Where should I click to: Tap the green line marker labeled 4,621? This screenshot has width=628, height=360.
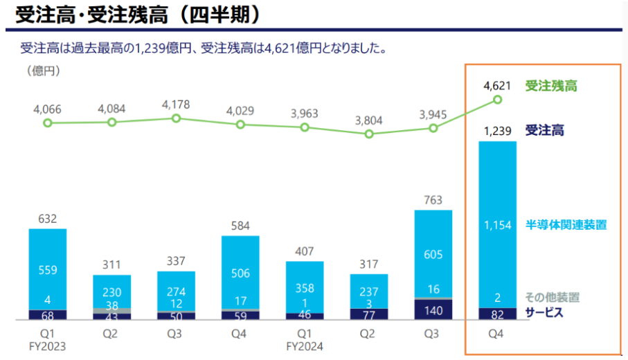point(497,100)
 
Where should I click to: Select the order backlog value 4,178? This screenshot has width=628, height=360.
point(176,105)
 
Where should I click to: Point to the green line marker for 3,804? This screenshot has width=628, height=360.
point(368,134)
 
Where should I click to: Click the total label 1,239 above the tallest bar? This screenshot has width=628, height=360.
point(496,130)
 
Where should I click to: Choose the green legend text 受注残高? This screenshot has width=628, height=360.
point(551,87)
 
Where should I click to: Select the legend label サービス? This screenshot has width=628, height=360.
point(545,312)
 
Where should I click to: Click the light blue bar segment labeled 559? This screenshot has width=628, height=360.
point(48,269)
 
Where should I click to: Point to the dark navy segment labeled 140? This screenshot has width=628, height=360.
point(433,310)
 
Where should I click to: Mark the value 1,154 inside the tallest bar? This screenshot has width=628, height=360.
point(497,224)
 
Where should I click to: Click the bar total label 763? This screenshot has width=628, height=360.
point(433,201)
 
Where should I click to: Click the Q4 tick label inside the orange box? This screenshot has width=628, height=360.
point(497,334)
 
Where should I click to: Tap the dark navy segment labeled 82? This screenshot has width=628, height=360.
point(497,314)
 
